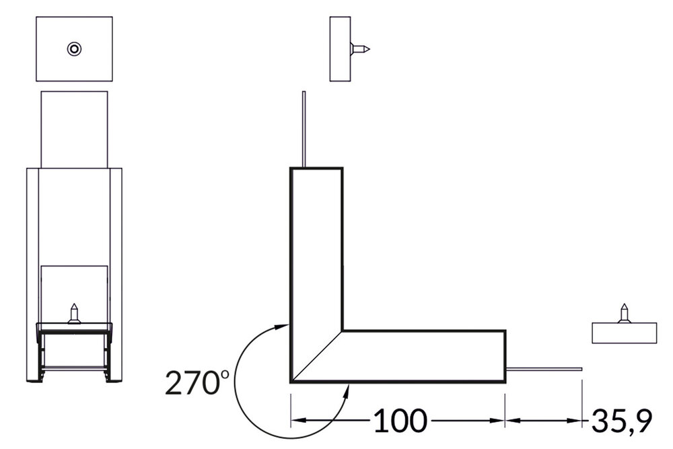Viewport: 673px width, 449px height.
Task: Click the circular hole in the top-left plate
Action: (x=74, y=48)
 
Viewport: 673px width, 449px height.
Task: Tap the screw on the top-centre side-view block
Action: (x=360, y=48)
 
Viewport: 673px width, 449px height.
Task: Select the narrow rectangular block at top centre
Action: (x=340, y=48)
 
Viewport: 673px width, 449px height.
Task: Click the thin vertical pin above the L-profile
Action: (x=304, y=128)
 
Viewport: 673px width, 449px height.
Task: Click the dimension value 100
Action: (x=400, y=421)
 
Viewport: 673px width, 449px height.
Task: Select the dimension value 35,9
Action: (x=621, y=421)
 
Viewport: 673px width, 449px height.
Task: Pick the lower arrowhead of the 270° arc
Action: (x=347, y=390)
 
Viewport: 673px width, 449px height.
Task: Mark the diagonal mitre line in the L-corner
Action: (x=316, y=357)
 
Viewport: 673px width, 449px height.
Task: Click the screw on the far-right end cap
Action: (x=625, y=314)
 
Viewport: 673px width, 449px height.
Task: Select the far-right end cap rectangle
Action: (x=624, y=333)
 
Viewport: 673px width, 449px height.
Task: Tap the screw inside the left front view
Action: (x=74, y=314)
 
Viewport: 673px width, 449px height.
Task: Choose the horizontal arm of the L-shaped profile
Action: (x=424, y=356)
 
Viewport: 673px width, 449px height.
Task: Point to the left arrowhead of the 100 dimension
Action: (x=297, y=421)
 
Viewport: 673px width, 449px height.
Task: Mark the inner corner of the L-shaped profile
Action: (x=343, y=331)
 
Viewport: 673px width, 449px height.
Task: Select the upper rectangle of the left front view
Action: (x=74, y=128)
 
